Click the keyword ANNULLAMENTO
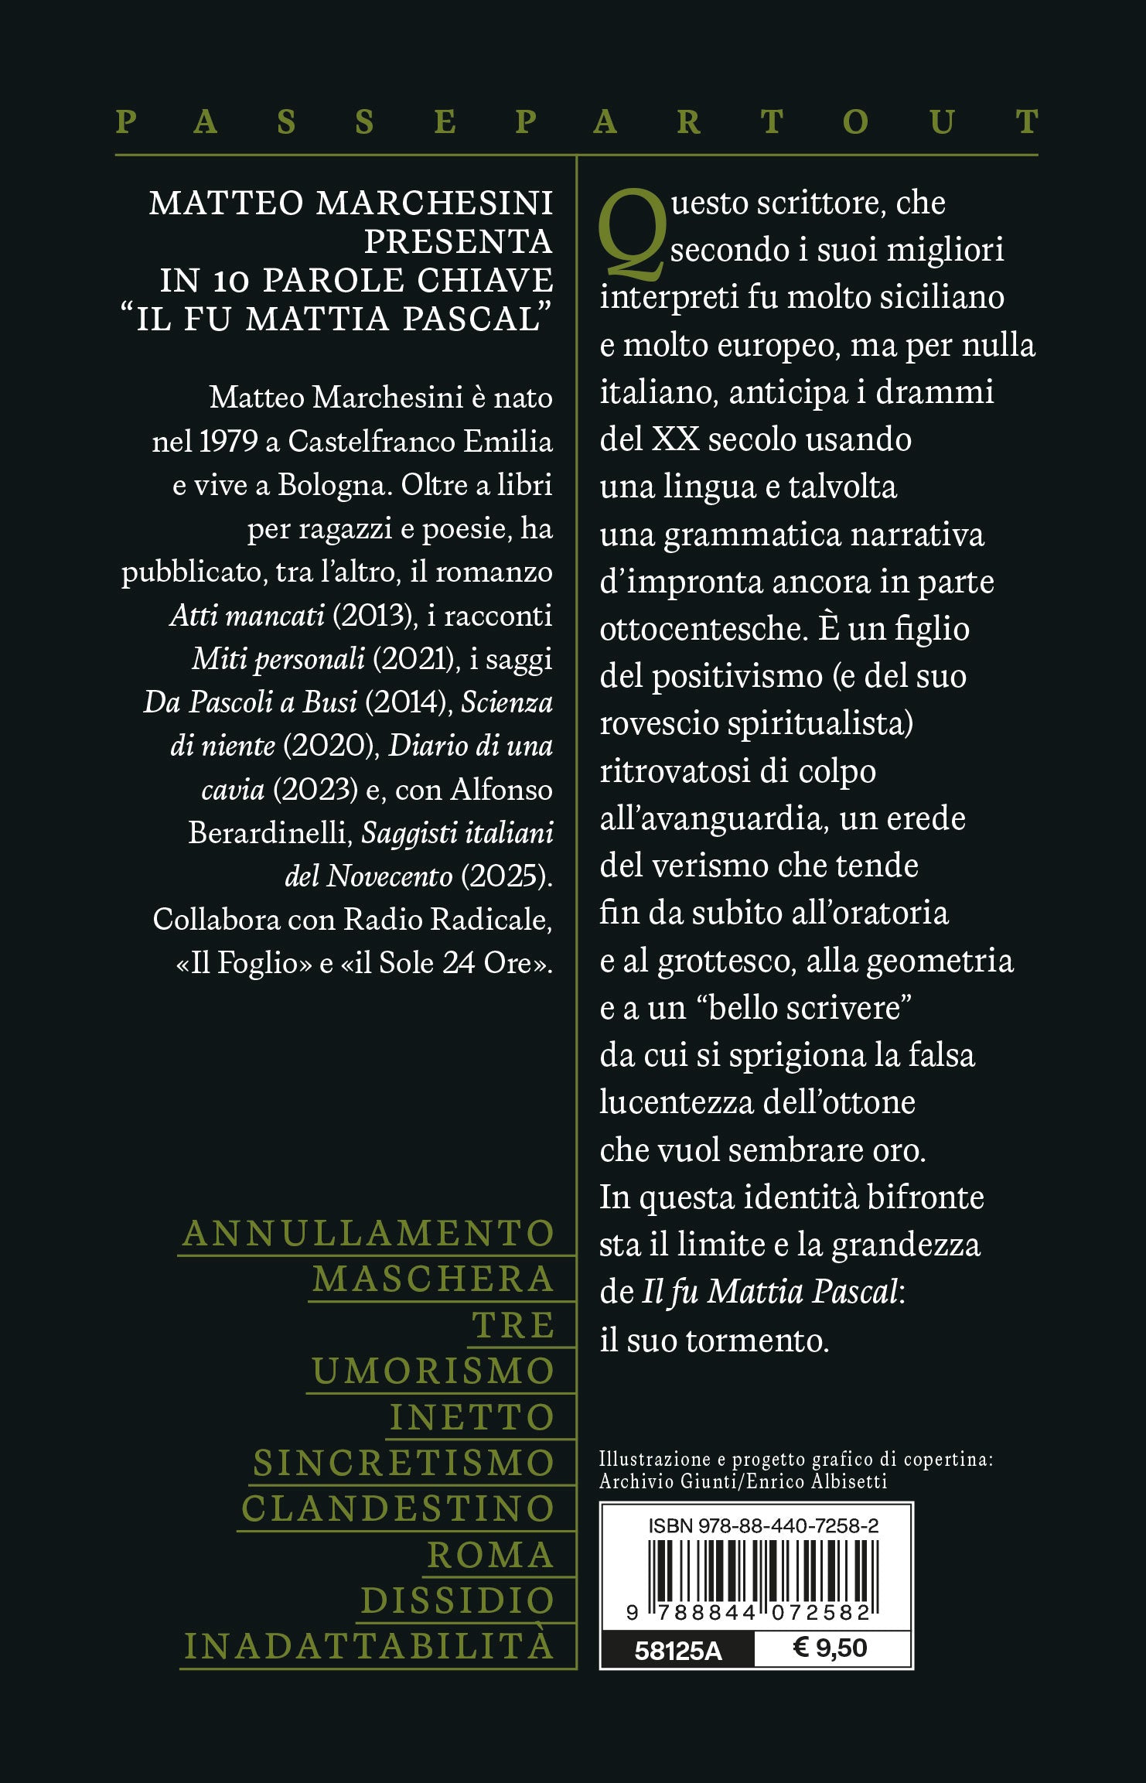pos(369,1233)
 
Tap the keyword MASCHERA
pos(433,1279)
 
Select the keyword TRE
pos(513,1325)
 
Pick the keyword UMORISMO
pos(433,1371)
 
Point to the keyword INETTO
pos(472,1417)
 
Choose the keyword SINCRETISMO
pos(404,1463)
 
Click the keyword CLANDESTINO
pos(398,1508)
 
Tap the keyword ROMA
pos(490,1555)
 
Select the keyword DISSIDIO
pos(458,1600)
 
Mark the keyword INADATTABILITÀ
pos(370,1647)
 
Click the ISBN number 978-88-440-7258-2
pos(788,1525)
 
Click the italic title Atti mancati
pos(247,616)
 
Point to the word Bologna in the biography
pos(331,485)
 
